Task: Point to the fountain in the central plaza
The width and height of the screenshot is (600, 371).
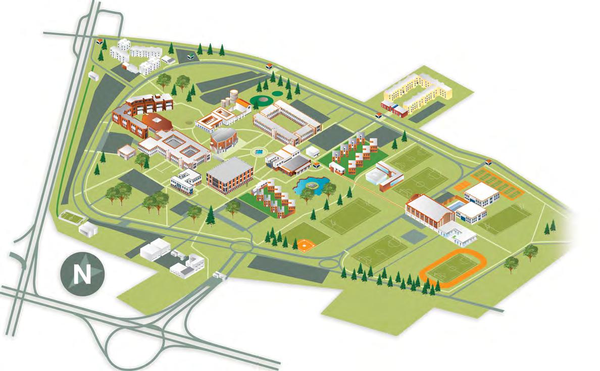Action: [259, 151]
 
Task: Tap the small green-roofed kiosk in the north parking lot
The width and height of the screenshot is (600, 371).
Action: [189, 57]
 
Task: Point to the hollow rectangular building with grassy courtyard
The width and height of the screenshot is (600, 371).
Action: [287, 121]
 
